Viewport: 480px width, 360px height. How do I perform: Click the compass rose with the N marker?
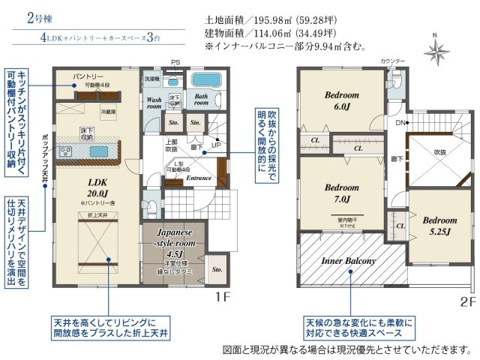pos(434,51)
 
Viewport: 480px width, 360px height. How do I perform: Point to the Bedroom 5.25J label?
pos(439,226)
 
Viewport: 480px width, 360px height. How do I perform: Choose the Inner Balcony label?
pos(348,261)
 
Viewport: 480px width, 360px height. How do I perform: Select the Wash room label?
pos(154,103)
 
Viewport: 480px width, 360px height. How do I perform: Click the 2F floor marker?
pos(467,301)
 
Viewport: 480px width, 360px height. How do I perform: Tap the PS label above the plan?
pos(175,62)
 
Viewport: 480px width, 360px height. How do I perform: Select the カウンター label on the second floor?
pos(392,60)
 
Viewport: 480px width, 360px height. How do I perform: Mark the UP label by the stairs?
pos(217,145)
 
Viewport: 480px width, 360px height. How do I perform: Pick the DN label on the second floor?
pos(402,122)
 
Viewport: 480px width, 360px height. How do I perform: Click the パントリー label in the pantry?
pos(88,77)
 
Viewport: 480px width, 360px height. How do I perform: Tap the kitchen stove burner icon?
pos(65,151)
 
